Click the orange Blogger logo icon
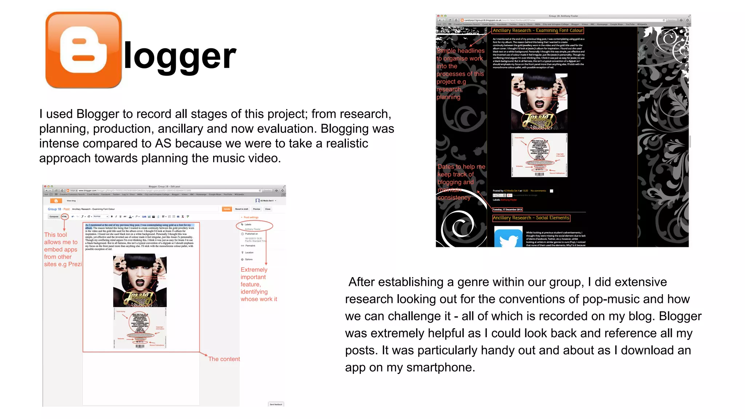tap(83, 50)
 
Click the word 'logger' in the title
tap(180, 56)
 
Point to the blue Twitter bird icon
tap(508, 238)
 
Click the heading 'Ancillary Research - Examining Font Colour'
tap(537, 31)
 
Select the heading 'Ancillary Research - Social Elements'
tap(531, 218)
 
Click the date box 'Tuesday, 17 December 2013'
tap(507, 209)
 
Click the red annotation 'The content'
tap(224, 359)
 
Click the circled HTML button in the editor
tap(64, 216)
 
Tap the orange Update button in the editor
tap(227, 209)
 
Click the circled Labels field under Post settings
tap(254, 226)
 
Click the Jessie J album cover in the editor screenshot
tap(140, 280)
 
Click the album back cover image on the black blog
tap(539, 155)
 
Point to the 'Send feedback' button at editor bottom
tap(276, 404)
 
